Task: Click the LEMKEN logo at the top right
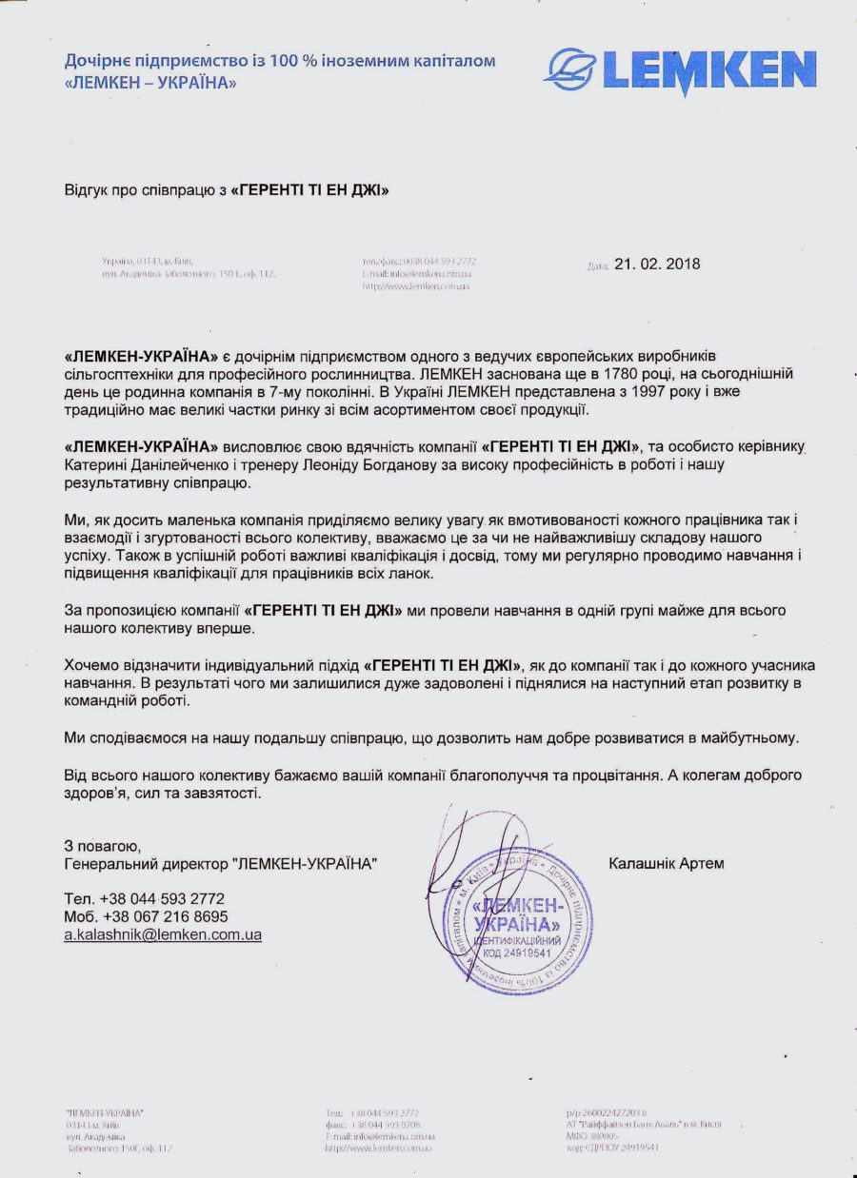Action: pos(680,71)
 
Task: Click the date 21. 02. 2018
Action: pos(657,265)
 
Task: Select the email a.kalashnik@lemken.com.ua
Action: pos(163,935)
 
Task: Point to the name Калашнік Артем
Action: pos(667,864)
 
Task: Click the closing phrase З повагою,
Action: pos(103,845)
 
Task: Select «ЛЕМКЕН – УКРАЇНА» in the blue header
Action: pos(150,83)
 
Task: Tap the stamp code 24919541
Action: pos(528,953)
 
